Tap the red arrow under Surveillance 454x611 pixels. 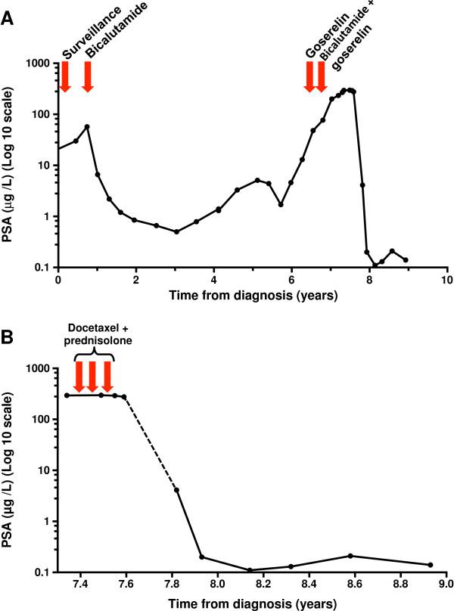point(65,76)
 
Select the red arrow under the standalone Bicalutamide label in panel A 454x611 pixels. point(88,76)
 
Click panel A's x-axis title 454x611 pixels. point(253,294)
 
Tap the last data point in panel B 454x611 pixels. point(430,565)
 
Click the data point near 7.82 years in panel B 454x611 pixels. point(176,490)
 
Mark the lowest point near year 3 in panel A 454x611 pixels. point(176,231)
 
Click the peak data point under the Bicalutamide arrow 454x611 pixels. point(88,126)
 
